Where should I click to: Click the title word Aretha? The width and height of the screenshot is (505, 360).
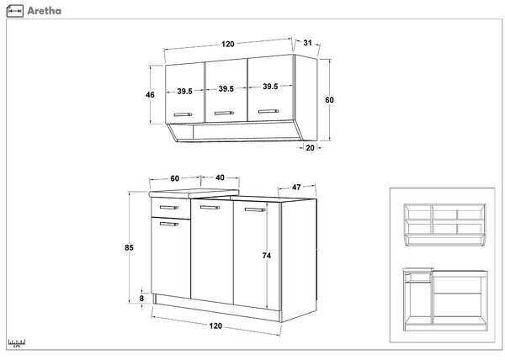click(x=44, y=11)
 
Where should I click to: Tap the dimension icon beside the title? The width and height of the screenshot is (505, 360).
click(x=15, y=11)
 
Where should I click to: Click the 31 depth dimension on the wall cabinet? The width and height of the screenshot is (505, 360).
click(x=307, y=42)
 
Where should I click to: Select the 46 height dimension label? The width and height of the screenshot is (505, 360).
click(x=150, y=94)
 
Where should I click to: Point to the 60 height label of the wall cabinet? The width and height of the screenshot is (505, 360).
click(x=329, y=100)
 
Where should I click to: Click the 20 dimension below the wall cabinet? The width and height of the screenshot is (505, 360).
click(x=310, y=148)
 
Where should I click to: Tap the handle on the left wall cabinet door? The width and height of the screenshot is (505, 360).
click(x=183, y=114)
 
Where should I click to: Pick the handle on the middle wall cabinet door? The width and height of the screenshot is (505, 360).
click(x=224, y=113)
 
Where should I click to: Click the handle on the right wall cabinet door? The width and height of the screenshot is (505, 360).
click(x=268, y=111)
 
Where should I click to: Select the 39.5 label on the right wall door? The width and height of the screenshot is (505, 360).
click(x=270, y=87)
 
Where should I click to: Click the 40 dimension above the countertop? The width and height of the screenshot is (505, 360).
click(x=220, y=177)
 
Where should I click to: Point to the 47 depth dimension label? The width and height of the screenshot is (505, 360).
click(x=296, y=187)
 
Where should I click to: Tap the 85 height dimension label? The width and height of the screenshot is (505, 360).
click(x=129, y=247)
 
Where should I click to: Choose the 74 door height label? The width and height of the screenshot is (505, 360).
click(x=266, y=256)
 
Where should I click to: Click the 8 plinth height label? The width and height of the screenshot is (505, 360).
click(x=141, y=299)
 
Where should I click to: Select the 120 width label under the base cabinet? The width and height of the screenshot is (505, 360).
click(x=215, y=326)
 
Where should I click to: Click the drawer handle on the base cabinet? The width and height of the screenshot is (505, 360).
click(x=169, y=208)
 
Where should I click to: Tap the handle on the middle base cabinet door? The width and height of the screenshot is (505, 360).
click(x=210, y=208)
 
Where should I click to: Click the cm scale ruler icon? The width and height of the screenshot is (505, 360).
click(x=17, y=343)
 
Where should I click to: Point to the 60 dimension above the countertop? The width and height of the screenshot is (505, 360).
click(x=174, y=178)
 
